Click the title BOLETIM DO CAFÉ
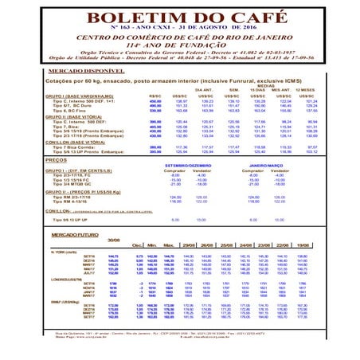pos(180,19)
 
